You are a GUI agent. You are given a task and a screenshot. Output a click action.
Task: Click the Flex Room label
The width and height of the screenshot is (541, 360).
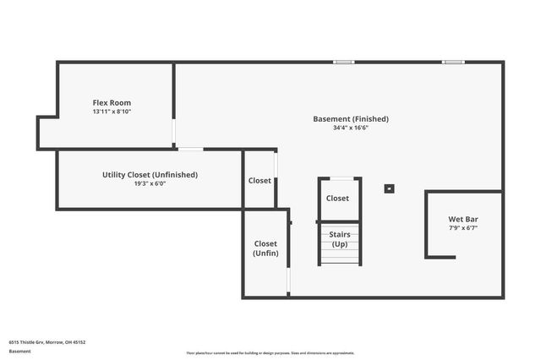click(x=112, y=102)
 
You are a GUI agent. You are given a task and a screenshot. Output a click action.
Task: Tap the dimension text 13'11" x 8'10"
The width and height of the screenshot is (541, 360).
click(x=112, y=112)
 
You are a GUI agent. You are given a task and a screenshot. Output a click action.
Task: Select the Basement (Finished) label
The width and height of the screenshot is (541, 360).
click(x=351, y=119)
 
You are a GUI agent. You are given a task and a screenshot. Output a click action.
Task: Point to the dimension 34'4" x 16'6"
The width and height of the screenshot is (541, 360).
click(x=351, y=128)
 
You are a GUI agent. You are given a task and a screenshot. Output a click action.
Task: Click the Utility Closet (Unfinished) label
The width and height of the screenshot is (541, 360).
click(x=150, y=175)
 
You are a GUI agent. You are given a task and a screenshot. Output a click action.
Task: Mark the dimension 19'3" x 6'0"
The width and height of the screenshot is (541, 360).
click(x=150, y=183)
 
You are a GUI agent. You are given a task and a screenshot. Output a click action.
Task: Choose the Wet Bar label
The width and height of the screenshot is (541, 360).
click(x=462, y=220)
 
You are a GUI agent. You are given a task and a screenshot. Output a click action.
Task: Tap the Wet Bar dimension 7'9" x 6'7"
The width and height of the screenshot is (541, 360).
click(x=462, y=228)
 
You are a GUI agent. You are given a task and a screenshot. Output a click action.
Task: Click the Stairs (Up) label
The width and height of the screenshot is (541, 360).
click(x=339, y=238)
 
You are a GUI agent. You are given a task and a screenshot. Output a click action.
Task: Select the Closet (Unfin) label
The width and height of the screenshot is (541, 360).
click(x=265, y=248)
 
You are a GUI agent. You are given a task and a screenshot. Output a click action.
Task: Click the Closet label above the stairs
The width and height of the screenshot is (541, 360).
click(x=337, y=199)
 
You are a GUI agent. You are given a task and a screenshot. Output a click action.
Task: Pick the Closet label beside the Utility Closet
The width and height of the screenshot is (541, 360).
click(x=260, y=181)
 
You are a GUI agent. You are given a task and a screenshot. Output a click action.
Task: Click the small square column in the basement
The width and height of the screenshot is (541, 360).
click(x=389, y=188)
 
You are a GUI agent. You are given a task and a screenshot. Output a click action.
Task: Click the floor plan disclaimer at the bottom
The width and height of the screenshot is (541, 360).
click(x=270, y=353)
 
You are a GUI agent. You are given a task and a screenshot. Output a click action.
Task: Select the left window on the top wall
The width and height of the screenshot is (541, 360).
click(x=343, y=62)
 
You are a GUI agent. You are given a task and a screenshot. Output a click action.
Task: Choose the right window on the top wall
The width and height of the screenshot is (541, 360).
click(x=453, y=62)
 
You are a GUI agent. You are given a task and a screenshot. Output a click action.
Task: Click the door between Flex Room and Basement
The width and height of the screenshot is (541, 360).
click(x=174, y=132)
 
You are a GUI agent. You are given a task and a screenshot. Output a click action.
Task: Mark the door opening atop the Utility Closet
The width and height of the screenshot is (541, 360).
click(x=190, y=150)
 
